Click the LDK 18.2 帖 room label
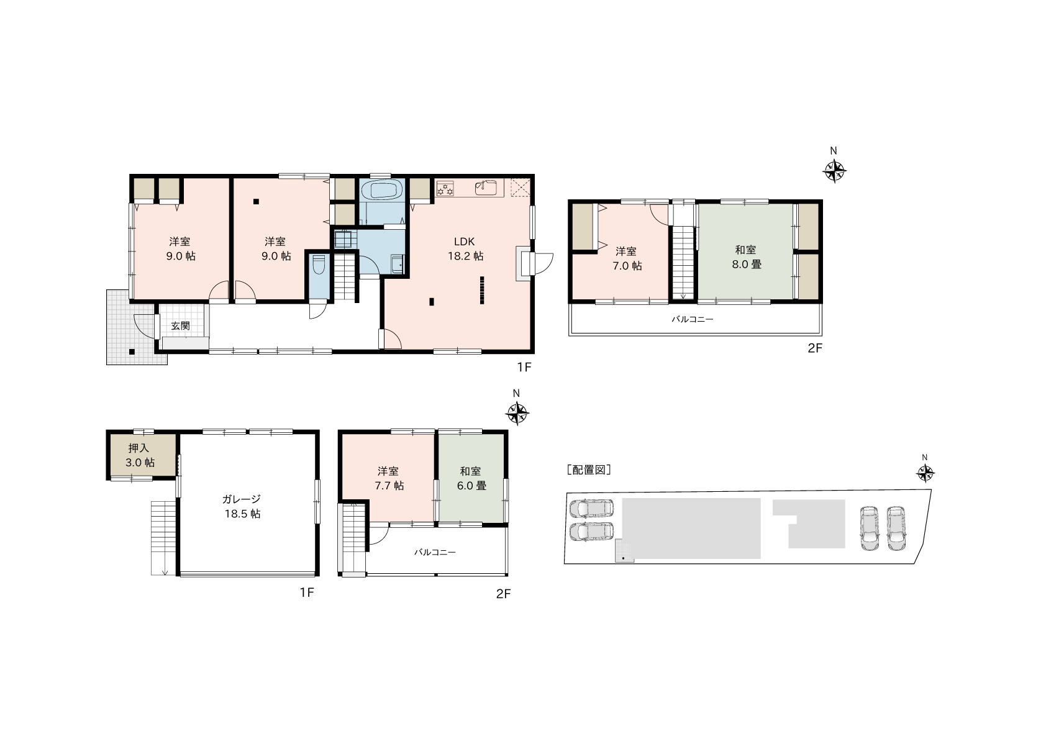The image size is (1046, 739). pos(465,249)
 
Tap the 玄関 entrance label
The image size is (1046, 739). pos(180,326)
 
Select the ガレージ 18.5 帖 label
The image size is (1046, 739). pos(242,507)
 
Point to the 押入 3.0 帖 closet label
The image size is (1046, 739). pos(139,455)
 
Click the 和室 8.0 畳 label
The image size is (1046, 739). pos(746,257)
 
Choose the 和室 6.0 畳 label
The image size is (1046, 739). pos(471,479)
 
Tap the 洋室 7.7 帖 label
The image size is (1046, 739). pos(388,479)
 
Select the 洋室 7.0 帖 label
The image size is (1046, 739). pos(627,258)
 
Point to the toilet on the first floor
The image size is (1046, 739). pos(319,265)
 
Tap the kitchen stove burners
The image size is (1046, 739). pos(445,189)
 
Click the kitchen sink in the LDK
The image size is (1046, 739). pos(486,188)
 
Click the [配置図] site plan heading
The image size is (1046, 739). pos(588,469)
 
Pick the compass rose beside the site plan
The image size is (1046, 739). pos(925,473)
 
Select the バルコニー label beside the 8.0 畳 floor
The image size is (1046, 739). pos(693,320)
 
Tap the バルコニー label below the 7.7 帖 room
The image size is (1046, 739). pos(435,552)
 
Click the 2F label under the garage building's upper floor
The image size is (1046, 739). pos(503,594)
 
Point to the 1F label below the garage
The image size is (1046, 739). pos(307,592)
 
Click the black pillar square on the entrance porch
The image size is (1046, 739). pos(132,351)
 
